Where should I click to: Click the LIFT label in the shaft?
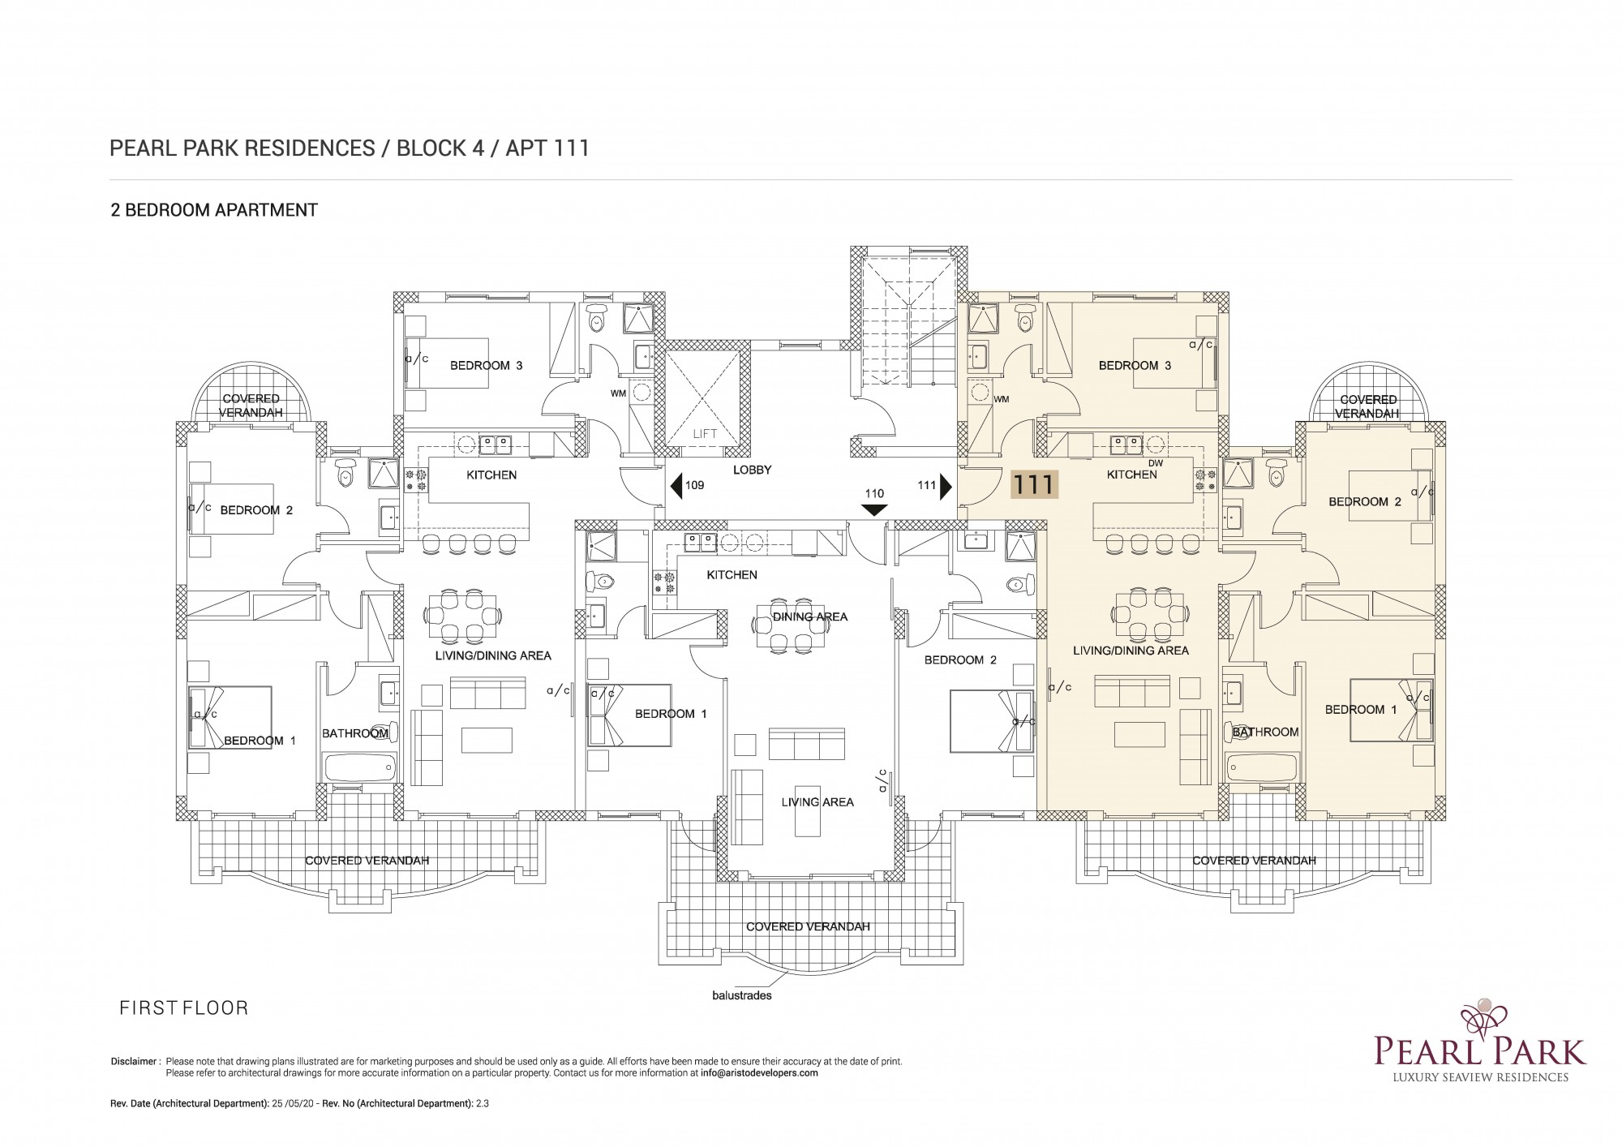[705, 434]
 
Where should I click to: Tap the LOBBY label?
[752, 470]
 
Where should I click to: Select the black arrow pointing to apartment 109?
[676, 486]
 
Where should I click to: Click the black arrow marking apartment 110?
[874, 510]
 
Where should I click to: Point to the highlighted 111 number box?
[1033, 485]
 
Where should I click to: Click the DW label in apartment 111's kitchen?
[1156, 463]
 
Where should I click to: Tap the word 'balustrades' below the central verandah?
[741, 995]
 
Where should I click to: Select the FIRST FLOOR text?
[184, 1008]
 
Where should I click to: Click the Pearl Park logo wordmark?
[1480, 1050]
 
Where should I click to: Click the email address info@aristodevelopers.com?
[759, 1073]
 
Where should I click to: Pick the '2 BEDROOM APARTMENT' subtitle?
[214, 210]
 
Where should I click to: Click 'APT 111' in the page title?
[547, 148]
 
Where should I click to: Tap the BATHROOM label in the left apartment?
[355, 733]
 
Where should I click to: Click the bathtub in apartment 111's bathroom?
[1262, 767]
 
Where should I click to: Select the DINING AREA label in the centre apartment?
[810, 616]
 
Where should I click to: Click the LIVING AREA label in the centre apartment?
[817, 802]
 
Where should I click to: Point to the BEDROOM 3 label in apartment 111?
[1135, 366]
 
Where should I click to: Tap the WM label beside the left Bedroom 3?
[618, 393]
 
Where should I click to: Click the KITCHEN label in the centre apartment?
[732, 575]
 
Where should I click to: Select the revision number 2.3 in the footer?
[483, 1103]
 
